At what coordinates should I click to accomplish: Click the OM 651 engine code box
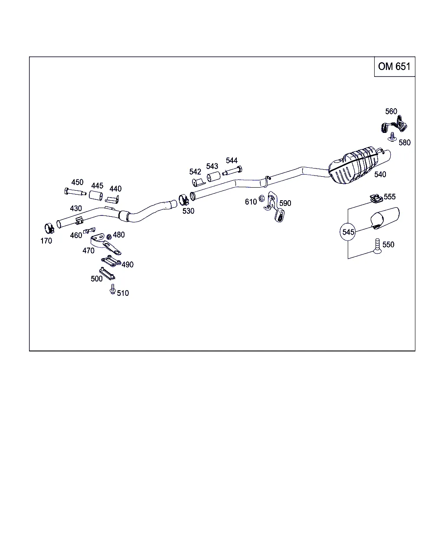click(394, 66)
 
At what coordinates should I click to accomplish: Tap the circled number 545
click(349, 232)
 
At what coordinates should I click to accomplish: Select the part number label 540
click(380, 175)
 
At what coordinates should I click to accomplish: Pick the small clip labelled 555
click(375, 199)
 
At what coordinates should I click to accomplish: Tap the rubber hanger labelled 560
click(394, 126)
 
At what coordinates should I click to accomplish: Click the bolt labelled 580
click(392, 136)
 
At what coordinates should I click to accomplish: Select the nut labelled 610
click(262, 199)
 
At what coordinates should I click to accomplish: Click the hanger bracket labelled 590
click(275, 207)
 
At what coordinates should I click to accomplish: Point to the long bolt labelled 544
click(232, 171)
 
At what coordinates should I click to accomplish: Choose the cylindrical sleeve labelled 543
click(213, 177)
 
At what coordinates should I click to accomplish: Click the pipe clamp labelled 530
click(184, 201)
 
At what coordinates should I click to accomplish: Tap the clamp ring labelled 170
click(49, 227)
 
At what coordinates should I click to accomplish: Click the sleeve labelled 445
click(96, 196)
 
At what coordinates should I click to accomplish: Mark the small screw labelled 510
click(113, 289)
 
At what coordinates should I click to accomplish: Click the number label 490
click(127, 265)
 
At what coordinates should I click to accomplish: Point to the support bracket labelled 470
click(105, 244)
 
